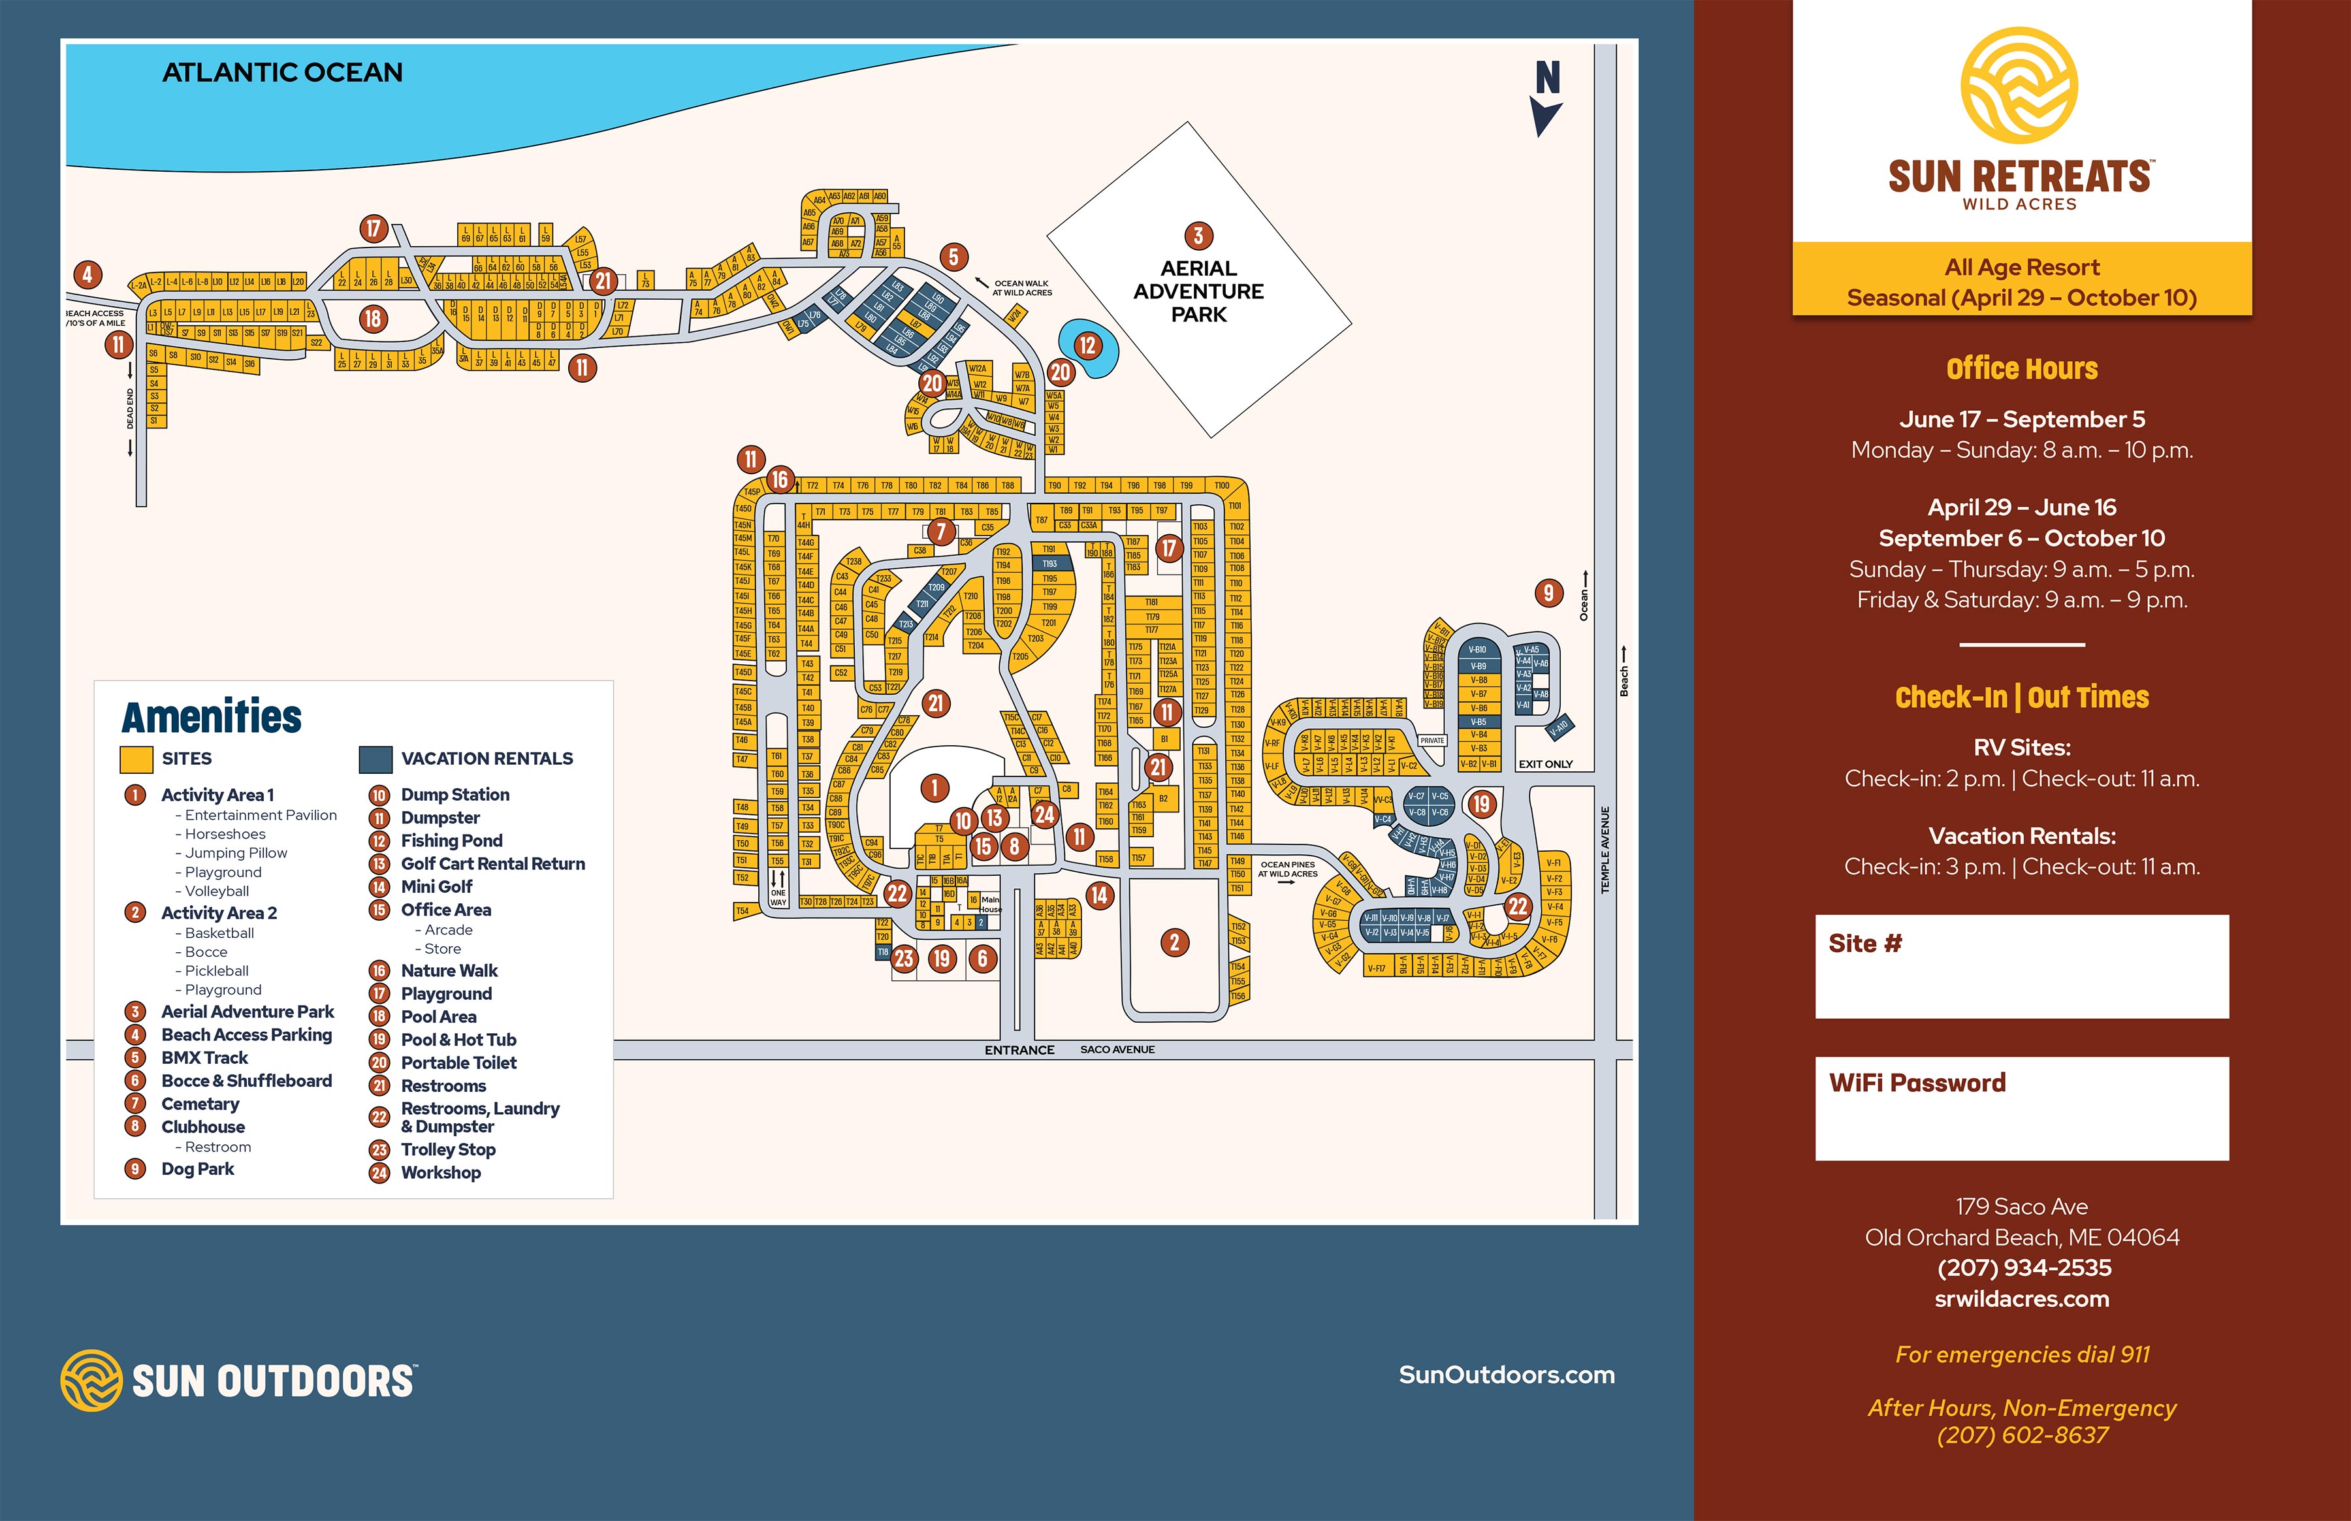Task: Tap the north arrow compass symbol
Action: point(1546,99)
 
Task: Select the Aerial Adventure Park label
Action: point(1199,291)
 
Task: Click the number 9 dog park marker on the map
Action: point(1548,592)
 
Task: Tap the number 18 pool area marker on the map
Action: point(372,319)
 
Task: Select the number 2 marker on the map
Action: point(1174,942)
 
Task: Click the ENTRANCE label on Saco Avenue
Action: point(1019,1050)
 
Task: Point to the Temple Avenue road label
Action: point(1605,850)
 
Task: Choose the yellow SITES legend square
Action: point(135,758)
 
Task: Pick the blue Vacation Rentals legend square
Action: point(376,758)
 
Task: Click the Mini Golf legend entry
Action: point(436,887)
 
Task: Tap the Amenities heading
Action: point(212,717)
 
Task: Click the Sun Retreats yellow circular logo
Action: point(2019,85)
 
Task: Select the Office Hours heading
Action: point(2021,370)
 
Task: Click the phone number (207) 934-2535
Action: point(2021,1268)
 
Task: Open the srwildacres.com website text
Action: point(2021,1299)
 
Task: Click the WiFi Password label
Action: point(1917,1083)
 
